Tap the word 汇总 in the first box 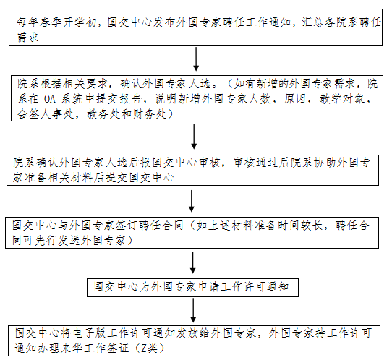pos(312,22)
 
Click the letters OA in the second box pos(49,99)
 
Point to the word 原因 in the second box pos(294,99)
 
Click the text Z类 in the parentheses pos(149,348)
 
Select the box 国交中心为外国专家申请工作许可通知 pos(192,288)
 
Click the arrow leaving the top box pos(196,59)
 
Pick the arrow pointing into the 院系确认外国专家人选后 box pos(194,137)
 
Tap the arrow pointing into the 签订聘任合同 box pos(192,201)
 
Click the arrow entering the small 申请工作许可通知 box pos(193,262)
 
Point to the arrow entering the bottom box pos(193,310)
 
